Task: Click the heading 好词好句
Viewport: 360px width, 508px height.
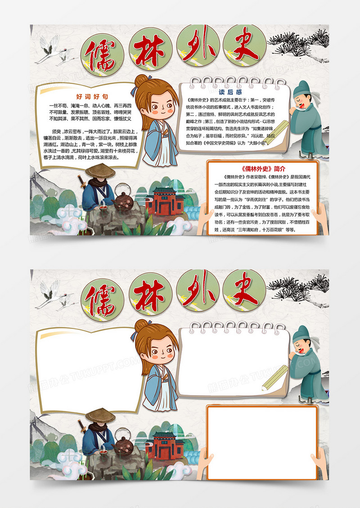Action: [x=92, y=96]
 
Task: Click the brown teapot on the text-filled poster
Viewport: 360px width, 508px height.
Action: [x=122, y=202]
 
